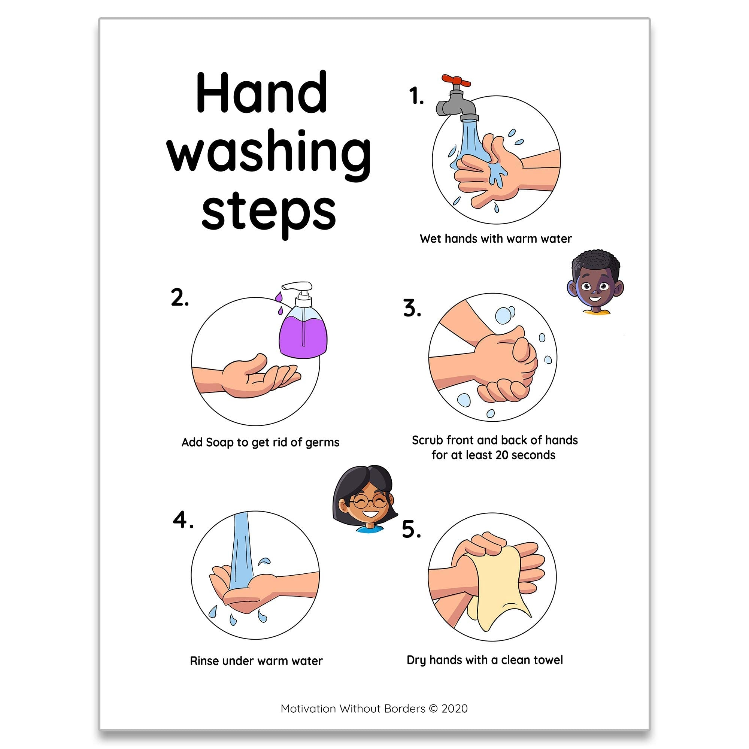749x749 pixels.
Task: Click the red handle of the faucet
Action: (x=456, y=81)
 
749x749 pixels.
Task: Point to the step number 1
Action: (x=416, y=96)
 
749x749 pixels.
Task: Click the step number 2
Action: (x=180, y=298)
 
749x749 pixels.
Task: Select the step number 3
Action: (x=412, y=308)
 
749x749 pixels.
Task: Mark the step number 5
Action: (x=411, y=529)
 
